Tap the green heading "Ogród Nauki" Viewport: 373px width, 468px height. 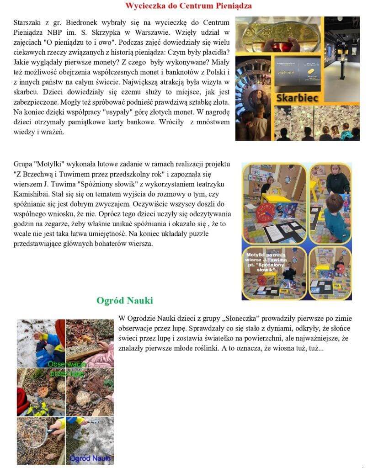[124, 300]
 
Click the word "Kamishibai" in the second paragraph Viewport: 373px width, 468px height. [32, 194]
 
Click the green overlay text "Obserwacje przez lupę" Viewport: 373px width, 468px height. [65, 368]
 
